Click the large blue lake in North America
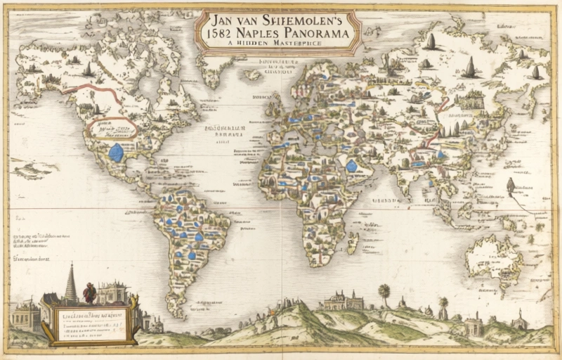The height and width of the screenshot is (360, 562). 117,151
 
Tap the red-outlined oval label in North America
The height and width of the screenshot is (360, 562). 112,127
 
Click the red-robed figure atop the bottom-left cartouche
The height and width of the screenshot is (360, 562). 89,292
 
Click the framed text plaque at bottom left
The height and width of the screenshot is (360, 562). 89,323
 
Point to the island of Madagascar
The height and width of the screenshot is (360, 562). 353,243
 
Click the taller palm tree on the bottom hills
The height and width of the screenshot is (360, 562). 384,292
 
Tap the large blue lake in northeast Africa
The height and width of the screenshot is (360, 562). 351,166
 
